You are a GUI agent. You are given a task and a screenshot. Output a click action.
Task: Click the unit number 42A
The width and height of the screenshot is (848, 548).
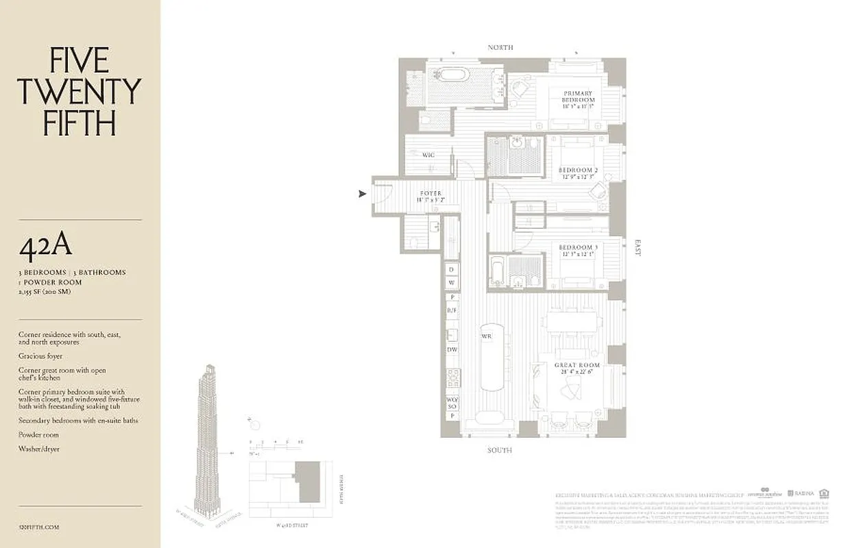tap(45, 249)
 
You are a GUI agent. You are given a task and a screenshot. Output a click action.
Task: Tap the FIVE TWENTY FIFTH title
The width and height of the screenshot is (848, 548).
tap(79, 92)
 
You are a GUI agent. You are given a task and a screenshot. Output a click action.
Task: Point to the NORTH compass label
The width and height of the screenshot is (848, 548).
tap(500, 47)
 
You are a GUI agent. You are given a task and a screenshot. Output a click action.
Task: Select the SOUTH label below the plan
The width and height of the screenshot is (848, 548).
tap(499, 450)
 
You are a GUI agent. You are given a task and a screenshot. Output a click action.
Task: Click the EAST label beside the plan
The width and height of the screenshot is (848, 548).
tap(638, 247)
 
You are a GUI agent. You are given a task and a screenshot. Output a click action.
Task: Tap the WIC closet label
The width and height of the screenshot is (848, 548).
tap(428, 155)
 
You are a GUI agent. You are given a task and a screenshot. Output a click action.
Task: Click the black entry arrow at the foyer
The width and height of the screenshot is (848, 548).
tap(363, 194)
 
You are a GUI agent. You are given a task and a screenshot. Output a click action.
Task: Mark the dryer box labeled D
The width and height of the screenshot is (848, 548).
tap(452, 269)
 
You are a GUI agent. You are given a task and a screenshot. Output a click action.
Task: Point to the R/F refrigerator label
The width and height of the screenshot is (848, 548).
tap(452, 310)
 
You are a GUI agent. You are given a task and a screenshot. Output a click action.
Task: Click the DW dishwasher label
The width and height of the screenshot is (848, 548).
tap(452, 349)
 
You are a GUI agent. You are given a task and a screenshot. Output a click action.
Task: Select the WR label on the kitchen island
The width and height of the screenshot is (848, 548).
tap(486, 336)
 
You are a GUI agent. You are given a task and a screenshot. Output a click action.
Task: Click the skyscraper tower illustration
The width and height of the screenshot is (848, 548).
tap(206, 438)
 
